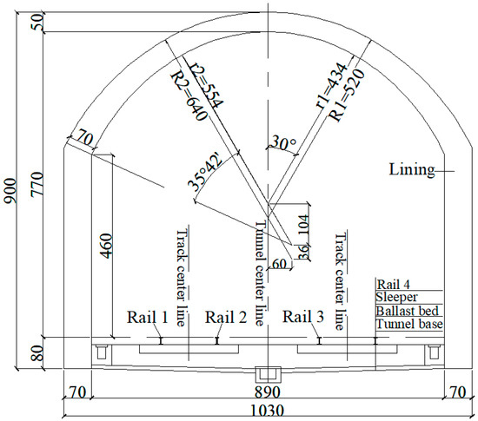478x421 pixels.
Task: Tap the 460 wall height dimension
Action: tap(107, 246)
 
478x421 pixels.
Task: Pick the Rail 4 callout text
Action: tap(394, 284)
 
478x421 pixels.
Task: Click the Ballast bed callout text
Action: tap(406, 310)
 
